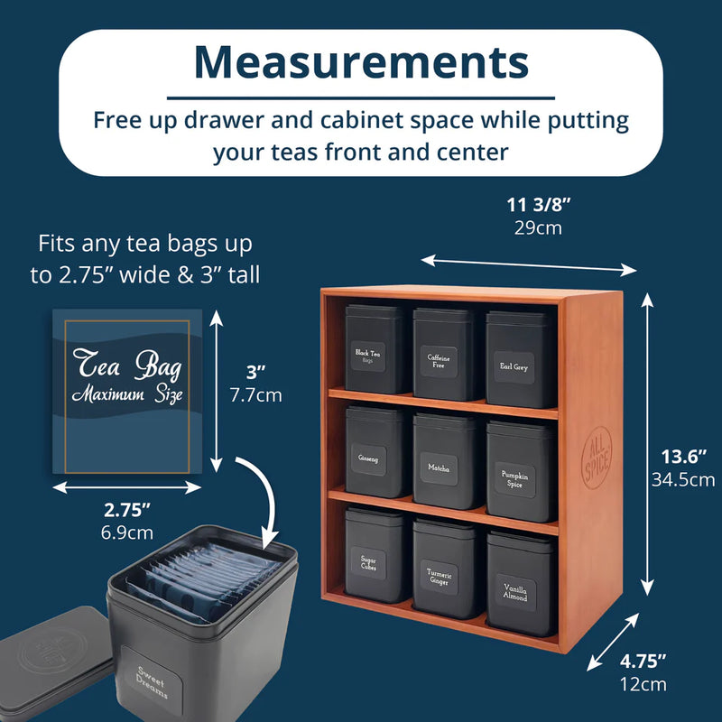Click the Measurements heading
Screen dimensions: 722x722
[x=361, y=62]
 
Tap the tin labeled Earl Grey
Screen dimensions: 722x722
[x=520, y=359]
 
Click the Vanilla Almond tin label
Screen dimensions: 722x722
[x=515, y=593]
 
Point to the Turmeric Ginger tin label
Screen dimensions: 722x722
[x=440, y=577]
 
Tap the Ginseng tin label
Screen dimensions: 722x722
[x=368, y=458]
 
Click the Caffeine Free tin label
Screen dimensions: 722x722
[x=439, y=361]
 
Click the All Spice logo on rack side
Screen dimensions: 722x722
[x=597, y=458]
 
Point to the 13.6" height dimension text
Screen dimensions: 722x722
[x=683, y=457]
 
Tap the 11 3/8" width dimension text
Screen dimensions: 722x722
[x=538, y=205]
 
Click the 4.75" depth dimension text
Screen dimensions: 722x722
[x=643, y=662]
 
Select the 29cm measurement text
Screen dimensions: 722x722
[x=538, y=228]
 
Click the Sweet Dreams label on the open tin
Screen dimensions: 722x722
[x=152, y=681]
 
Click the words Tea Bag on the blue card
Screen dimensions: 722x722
[x=127, y=365]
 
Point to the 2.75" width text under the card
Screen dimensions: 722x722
[x=127, y=510]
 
